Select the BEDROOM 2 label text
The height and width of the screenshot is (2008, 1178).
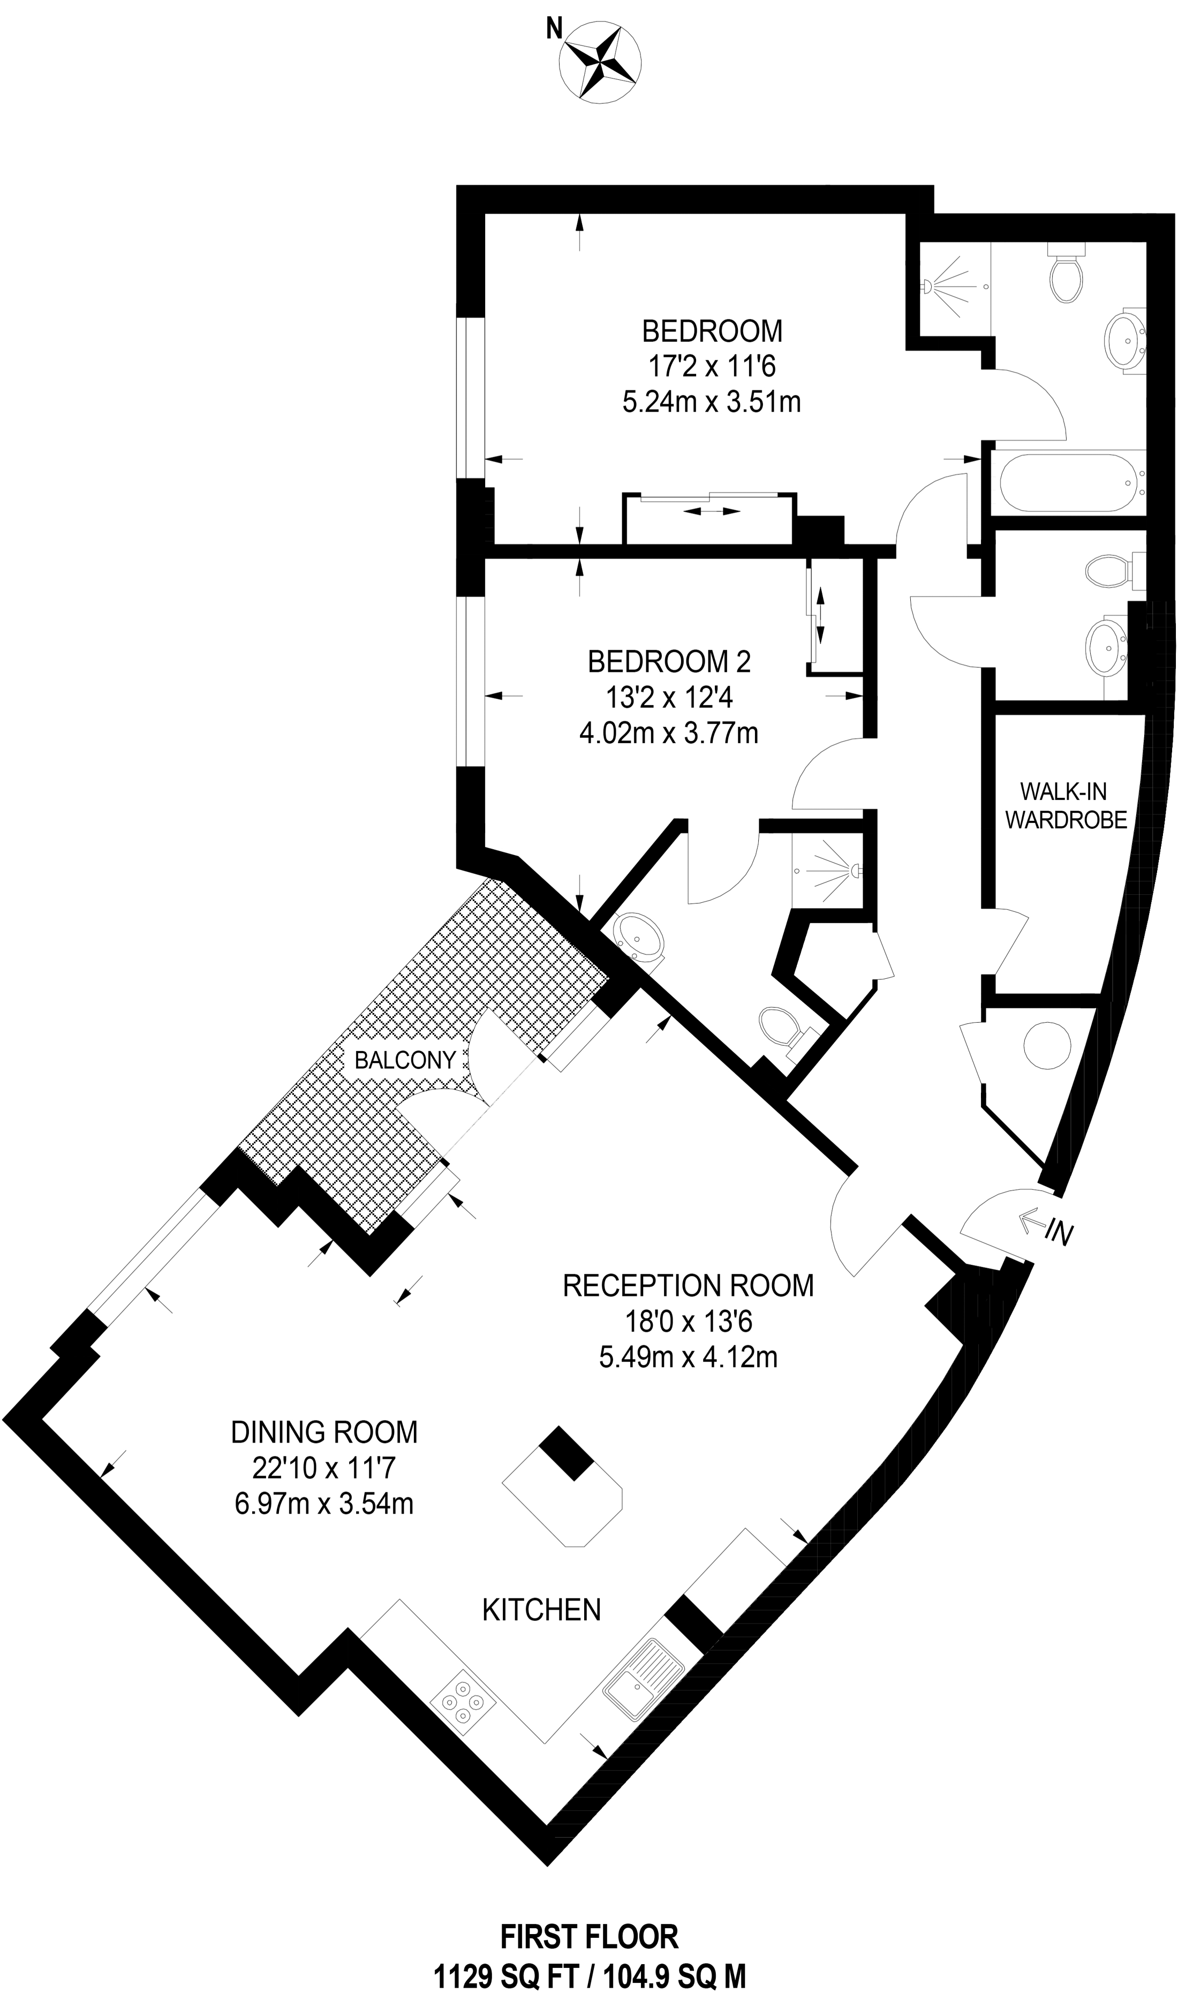(669, 661)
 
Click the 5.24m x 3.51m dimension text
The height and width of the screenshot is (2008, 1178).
(711, 402)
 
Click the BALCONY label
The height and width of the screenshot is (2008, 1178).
(405, 1060)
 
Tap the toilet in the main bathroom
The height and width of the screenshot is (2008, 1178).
(1067, 276)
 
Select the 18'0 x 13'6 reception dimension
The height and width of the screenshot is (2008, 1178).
(688, 1322)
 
